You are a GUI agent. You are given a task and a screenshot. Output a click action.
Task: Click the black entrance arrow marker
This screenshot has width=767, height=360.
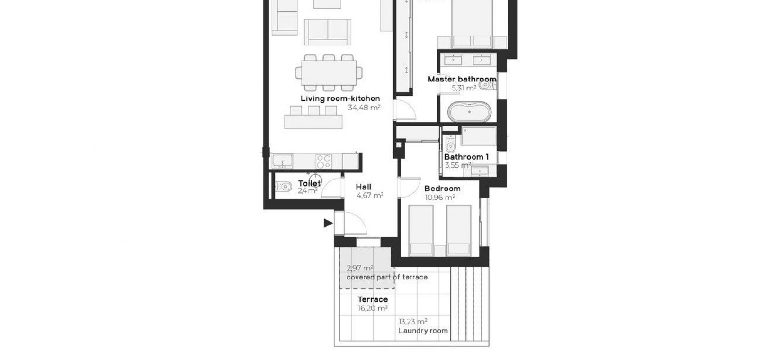328,223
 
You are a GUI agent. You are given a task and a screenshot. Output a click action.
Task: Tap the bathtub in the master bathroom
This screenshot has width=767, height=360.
469,112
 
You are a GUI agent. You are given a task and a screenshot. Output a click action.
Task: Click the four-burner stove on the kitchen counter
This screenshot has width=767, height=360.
323,162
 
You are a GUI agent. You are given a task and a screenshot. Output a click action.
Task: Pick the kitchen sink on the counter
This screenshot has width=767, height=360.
282,161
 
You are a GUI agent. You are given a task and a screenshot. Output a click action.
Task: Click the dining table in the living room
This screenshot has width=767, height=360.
329,73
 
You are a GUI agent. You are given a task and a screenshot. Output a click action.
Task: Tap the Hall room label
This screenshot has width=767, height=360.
363,187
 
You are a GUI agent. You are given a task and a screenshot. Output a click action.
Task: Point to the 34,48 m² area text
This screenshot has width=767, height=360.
364,108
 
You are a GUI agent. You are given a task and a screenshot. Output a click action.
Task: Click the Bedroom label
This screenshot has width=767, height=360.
442,189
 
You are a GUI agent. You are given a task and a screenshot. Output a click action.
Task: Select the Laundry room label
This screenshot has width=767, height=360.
423,331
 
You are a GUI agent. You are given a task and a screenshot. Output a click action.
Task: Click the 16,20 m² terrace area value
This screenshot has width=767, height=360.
373,308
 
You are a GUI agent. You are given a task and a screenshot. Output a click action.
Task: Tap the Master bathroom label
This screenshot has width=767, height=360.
462,79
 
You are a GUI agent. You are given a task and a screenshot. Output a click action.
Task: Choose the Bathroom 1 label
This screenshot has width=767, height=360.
466,157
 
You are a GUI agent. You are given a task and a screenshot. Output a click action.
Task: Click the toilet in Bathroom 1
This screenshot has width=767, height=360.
450,144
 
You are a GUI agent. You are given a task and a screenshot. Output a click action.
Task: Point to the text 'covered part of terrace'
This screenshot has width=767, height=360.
387,277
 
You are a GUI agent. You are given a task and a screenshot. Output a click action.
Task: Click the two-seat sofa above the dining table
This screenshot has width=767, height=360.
328,32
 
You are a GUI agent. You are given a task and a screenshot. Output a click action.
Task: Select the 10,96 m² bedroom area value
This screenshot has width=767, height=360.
440,198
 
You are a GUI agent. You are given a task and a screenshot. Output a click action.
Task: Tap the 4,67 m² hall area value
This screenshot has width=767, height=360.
370,196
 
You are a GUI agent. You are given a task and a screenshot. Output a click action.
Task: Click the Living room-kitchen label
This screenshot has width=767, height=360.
340,99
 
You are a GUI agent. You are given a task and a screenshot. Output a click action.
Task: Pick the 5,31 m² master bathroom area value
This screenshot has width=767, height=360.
464,88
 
